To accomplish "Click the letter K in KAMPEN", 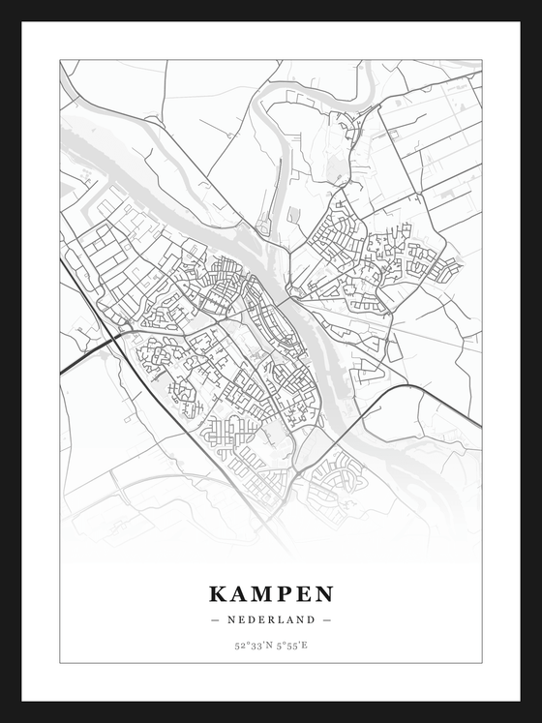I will tap(218, 592).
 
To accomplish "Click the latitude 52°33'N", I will tap(252, 645).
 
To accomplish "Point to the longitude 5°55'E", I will tap(290, 645).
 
